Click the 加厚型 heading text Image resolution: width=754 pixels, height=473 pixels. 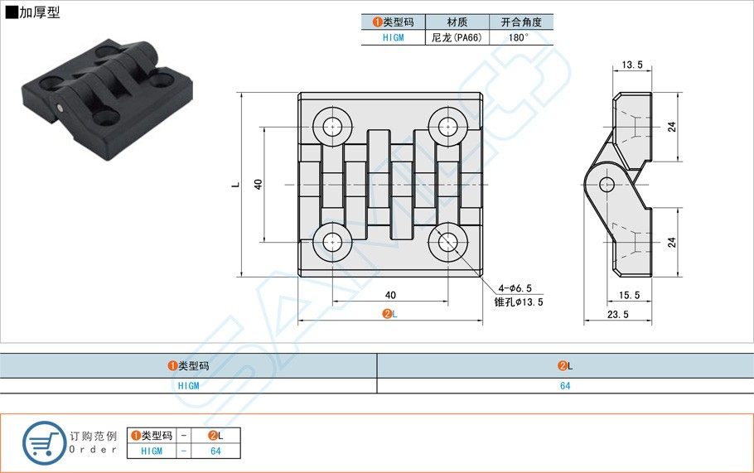38,13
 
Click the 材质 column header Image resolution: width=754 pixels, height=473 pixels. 457,22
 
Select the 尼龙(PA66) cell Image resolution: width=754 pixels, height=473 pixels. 457,37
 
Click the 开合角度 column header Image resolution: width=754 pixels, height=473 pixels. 521,22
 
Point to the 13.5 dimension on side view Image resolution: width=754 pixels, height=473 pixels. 631,65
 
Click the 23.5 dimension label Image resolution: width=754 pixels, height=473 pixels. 617,314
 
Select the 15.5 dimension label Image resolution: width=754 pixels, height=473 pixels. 630,295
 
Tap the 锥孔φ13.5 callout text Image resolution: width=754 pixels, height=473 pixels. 518,302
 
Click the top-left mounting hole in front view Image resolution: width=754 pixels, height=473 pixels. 333,127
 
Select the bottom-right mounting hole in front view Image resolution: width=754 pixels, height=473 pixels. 448,241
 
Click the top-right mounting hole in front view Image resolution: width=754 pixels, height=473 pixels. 448,127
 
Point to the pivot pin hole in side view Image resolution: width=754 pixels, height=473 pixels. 607,183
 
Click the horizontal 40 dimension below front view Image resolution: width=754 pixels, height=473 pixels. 390,295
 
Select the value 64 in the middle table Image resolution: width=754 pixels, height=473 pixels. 565,385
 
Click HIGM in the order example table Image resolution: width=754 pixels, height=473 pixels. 152,451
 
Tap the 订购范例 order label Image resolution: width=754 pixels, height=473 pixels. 94,436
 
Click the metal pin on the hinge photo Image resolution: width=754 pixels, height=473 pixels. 62,108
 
